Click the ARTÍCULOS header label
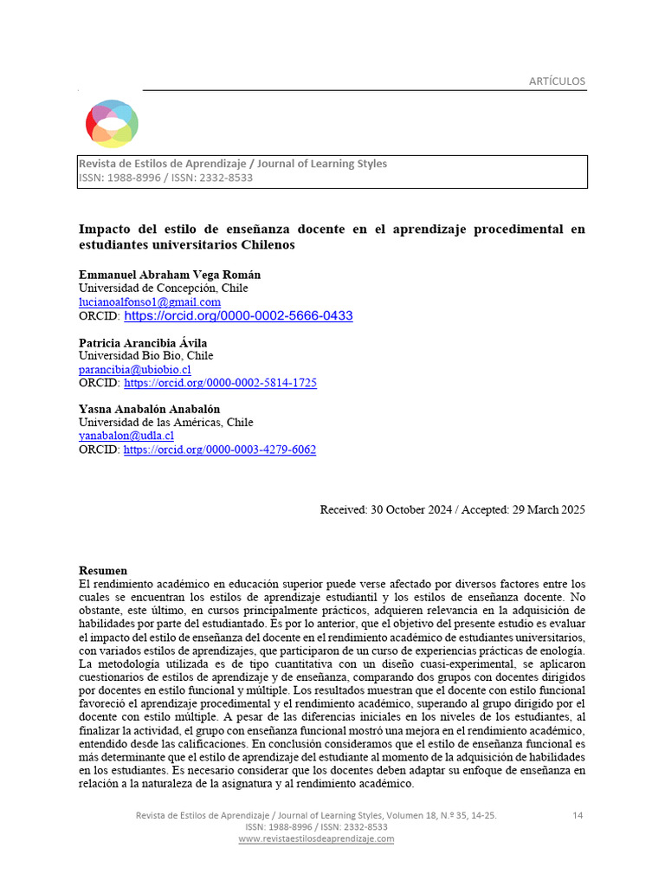tap(557, 81)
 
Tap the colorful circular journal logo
tap(112, 123)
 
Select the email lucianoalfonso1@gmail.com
tap(149, 301)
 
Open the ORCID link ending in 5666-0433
tap(238, 316)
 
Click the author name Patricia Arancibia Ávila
tap(143, 343)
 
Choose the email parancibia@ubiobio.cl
tap(134, 369)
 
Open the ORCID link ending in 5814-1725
tap(220, 383)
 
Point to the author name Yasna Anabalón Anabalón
tap(149, 409)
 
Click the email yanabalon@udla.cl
tap(126, 436)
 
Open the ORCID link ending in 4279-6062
tap(220, 450)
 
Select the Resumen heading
tap(103, 571)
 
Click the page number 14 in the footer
tap(578, 816)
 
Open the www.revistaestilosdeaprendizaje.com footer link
tap(316, 838)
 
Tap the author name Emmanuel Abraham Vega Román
tap(169, 275)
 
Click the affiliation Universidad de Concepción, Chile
tap(163, 288)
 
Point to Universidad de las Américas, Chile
tap(165, 423)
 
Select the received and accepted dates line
tap(452, 509)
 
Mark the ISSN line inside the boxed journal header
tap(165, 178)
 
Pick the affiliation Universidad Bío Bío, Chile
tap(145, 356)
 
